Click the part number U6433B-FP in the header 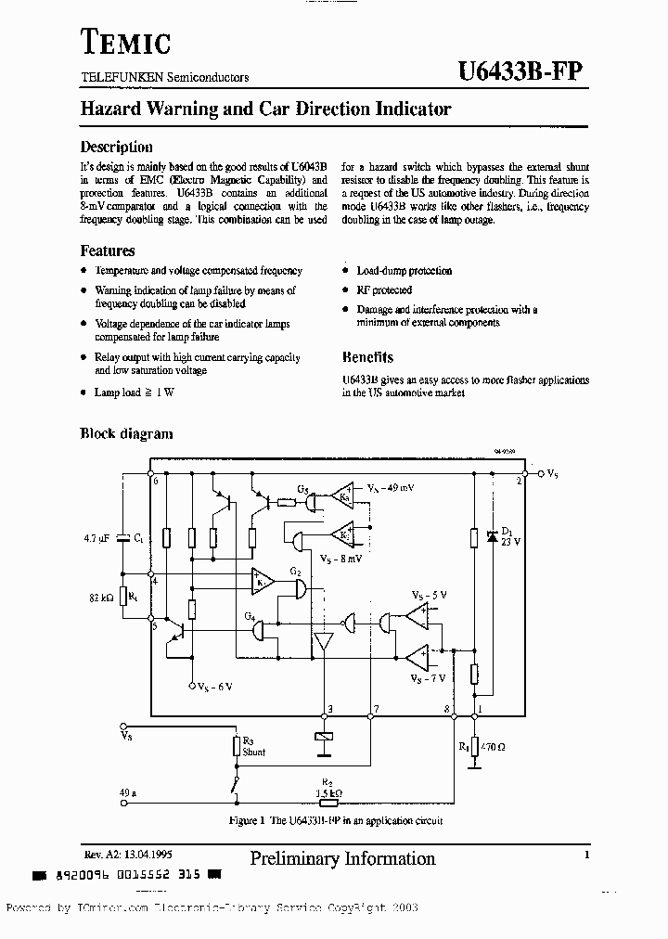[x=521, y=72]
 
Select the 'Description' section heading [x=116, y=147]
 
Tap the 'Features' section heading [x=107, y=251]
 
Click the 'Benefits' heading [x=367, y=357]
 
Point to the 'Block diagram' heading [x=126, y=433]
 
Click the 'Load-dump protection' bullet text [x=404, y=271]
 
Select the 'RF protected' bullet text [x=384, y=290]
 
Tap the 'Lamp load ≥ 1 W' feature [x=135, y=392]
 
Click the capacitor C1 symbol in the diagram [x=122, y=539]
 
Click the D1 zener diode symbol [x=491, y=537]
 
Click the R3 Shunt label [x=253, y=747]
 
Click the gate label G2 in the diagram [x=296, y=572]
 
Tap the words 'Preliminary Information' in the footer [x=342, y=858]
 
